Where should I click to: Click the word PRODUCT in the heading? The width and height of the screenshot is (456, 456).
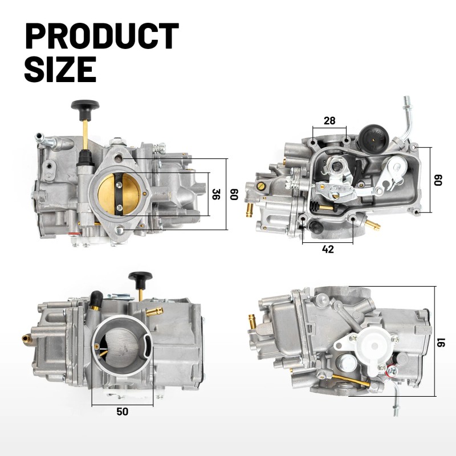coord(102,36)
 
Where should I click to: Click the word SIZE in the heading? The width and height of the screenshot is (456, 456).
coord(60,69)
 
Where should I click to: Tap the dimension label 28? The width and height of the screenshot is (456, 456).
coord(329,120)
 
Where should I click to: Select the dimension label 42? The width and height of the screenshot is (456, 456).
coord(328,249)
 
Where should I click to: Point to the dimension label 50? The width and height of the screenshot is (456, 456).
coord(122,412)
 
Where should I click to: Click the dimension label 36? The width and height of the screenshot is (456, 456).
coord(216,194)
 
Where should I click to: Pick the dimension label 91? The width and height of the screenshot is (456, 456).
coord(441,341)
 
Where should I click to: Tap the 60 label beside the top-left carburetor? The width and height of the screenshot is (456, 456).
coord(234,194)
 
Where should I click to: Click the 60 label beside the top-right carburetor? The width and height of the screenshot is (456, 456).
coord(438,180)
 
